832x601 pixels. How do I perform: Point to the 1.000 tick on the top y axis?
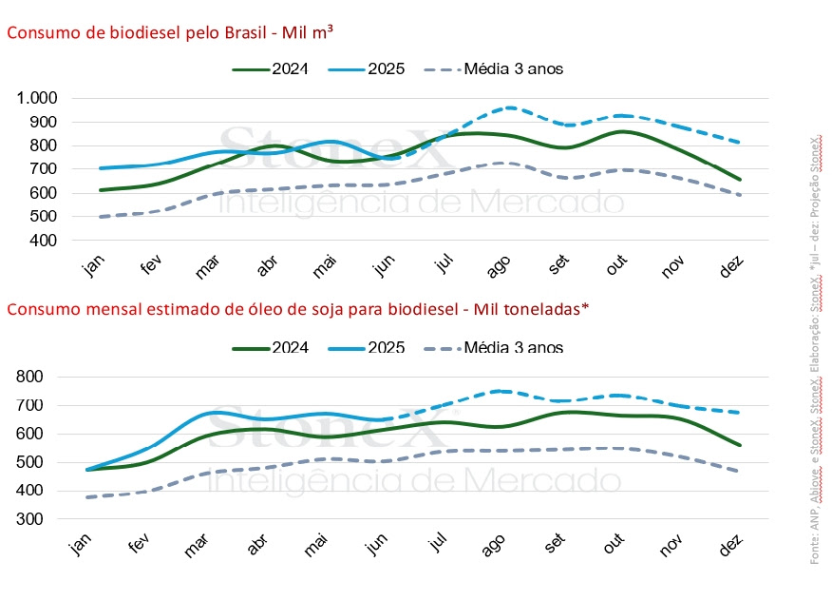tap(37, 99)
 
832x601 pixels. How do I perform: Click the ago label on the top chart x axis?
tap(498, 268)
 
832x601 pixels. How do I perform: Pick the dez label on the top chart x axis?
tap(731, 268)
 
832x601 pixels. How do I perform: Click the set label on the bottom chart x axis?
tap(557, 547)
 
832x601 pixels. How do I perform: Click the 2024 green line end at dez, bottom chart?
tap(740, 445)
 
